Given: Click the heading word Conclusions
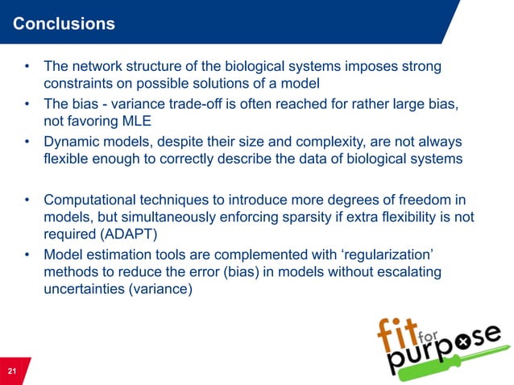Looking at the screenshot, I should click(64, 24).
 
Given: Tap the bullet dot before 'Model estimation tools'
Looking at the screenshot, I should click(27, 255).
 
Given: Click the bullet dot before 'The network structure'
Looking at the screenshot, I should click(27, 66).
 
